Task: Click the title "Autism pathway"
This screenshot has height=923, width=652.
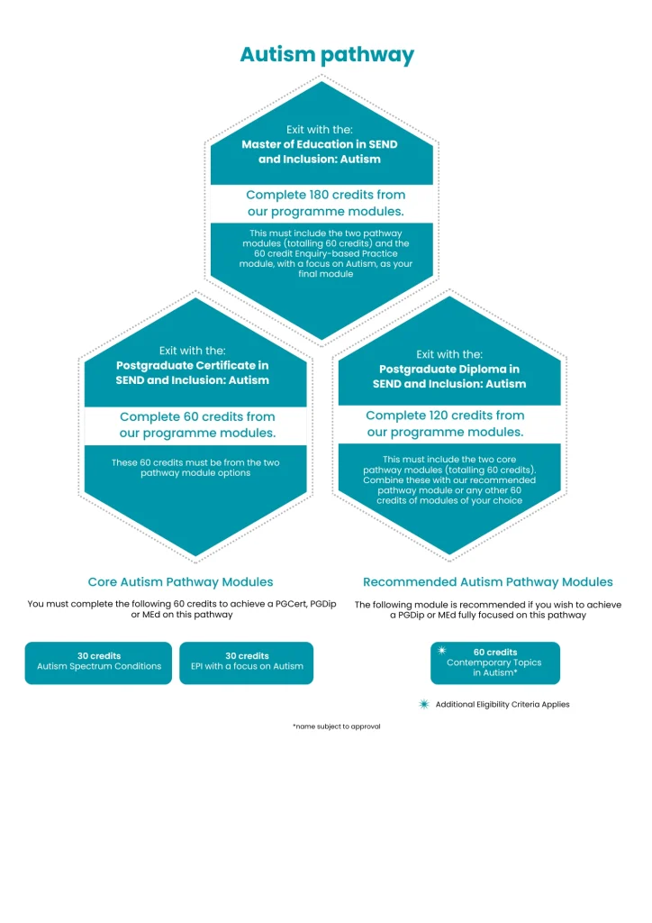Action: (326, 55)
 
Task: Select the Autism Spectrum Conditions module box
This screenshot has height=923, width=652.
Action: (98, 663)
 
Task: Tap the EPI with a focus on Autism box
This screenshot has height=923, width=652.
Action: (247, 663)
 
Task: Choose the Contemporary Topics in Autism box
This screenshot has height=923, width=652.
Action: (494, 663)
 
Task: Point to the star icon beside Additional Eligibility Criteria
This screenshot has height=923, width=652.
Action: (424, 704)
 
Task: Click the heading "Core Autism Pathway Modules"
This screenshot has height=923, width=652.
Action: (180, 582)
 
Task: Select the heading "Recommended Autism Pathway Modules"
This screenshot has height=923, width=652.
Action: (487, 582)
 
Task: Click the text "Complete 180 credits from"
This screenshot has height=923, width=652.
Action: (325, 195)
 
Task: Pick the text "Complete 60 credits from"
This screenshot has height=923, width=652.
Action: (197, 416)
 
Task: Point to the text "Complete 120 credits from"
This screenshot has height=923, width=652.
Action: (445, 416)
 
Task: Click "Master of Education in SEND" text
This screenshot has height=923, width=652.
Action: (319, 144)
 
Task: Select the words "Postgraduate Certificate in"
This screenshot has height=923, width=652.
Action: (192, 365)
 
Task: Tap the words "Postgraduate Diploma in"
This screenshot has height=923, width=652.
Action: (449, 369)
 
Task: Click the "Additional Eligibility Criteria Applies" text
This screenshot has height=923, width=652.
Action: (503, 704)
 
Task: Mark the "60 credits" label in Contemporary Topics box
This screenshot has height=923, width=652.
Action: (495, 652)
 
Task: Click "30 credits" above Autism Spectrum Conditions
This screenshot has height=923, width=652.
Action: (99, 655)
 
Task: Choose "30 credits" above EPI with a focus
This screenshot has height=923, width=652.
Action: (247, 655)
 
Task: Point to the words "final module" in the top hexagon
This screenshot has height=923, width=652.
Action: (321, 274)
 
